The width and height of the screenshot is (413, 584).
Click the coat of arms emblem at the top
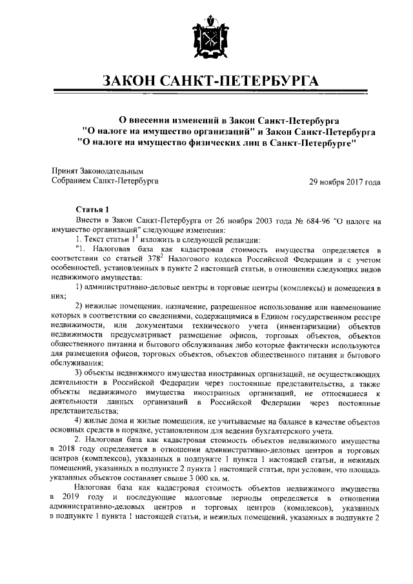206,39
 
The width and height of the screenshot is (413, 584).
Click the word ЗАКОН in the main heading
134,82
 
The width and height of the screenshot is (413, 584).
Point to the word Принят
65,171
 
